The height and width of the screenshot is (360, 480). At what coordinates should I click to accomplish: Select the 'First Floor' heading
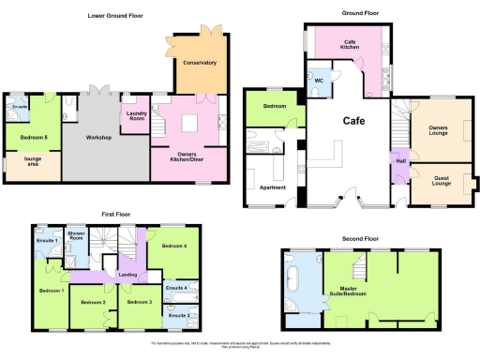coord(116,215)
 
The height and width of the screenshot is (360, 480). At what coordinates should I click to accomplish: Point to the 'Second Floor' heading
coord(359,239)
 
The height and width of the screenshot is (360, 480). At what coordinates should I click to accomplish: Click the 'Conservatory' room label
coord(200,63)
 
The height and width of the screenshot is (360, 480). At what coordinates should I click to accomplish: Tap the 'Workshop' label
coord(98,139)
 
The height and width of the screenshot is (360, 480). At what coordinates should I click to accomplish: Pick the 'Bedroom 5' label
coord(33,138)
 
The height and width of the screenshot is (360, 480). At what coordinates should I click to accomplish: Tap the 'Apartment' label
coord(271,187)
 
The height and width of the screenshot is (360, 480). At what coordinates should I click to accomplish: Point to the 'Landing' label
coord(128,275)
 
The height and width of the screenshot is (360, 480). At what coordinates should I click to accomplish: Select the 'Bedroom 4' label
coord(173,246)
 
